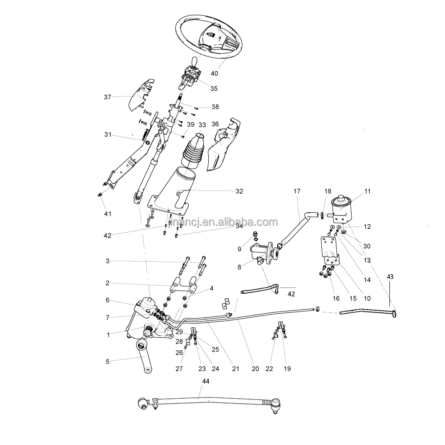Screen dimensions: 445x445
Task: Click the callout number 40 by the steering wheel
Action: tap(214, 73)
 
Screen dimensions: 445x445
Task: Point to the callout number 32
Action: tap(239, 191)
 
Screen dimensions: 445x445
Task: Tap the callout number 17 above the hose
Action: tap(297, 191)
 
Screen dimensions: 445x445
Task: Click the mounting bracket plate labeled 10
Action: tap(330, 251)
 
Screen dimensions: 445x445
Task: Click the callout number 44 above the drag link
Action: tap(205, 381)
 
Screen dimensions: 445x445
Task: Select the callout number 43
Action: tap(390, 276)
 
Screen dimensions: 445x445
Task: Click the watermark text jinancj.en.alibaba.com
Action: tap(223, 222)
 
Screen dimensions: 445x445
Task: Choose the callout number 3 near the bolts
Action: tap(107, 260)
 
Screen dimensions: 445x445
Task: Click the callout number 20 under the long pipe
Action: tap(255, 368)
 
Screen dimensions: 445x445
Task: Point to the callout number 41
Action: tap(107, 213)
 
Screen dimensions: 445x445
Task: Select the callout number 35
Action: tap(214, 89)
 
